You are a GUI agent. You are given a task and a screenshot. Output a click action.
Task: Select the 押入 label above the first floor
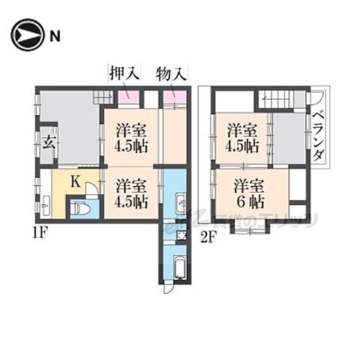(x=125, y=73)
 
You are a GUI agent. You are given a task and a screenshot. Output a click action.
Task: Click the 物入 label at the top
(x=172, y=73)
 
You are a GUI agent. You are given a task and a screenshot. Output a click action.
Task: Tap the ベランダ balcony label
(x=319, y=139)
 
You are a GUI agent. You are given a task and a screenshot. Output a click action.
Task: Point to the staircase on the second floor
(x=277, y=98)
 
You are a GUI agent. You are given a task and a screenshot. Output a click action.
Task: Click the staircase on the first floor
(x=100, y=95)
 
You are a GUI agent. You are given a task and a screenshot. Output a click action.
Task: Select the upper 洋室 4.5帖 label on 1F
(x=131, y=138)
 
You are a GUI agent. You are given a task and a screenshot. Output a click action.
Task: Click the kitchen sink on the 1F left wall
(x=45, y=203)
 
